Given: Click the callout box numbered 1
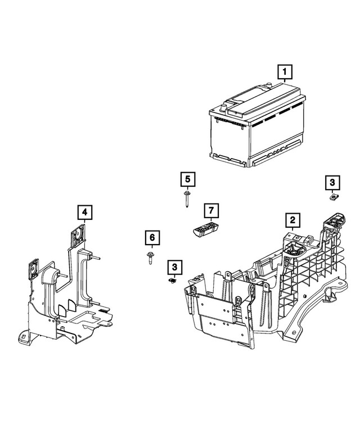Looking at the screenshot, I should (x=286, y=72).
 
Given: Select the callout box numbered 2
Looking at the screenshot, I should (x=292, y=219).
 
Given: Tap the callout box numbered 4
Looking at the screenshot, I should (x=84, y=212).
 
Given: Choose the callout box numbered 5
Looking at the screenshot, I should (x=187, y=180).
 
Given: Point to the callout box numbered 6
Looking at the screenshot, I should (x=151, y=238).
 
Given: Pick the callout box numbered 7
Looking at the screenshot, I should (x=210, y=211).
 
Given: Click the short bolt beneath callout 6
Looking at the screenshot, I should (x=151, y=258).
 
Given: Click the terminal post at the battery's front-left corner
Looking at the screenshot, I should (x=224, y=105).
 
